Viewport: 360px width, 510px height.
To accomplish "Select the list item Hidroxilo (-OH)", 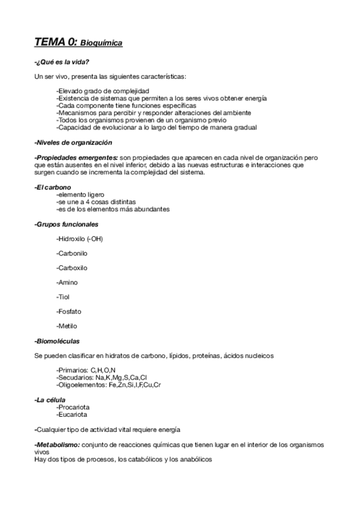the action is click(x=79, y=239).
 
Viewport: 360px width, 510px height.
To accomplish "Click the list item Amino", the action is click(x=67, y=282).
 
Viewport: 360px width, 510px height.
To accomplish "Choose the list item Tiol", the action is click(x=63, y=297).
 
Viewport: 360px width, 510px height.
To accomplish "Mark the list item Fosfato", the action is click(x=69, y=312).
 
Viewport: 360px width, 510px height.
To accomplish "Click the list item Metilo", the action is click(x=66, y=326).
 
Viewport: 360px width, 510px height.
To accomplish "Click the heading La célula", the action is click(x=50, y=400).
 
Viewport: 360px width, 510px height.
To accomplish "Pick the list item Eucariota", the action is click(x=72, y=414).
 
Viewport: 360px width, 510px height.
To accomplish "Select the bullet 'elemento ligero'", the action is click(x=79, y=195).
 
